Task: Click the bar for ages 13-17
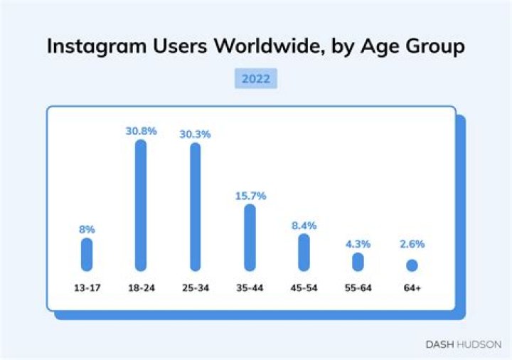point(87,254)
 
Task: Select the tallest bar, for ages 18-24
point(141,205)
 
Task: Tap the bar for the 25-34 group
point(196,206)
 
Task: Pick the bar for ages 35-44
point(250,238)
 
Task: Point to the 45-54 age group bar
point(304,252)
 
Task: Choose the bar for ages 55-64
point(358,262)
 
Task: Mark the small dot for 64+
point(412,265)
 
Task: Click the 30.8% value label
point(141,131)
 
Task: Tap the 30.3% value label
point(196,134)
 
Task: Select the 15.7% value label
point(250,196)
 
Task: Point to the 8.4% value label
point(304,226)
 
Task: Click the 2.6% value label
point(412,244)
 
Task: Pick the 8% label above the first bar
point(87,229)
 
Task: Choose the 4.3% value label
point(358,244)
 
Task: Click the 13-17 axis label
point(87,288)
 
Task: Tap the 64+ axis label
point(412,288)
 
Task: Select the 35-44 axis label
point(250,288)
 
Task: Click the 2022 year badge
point(255,79)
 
